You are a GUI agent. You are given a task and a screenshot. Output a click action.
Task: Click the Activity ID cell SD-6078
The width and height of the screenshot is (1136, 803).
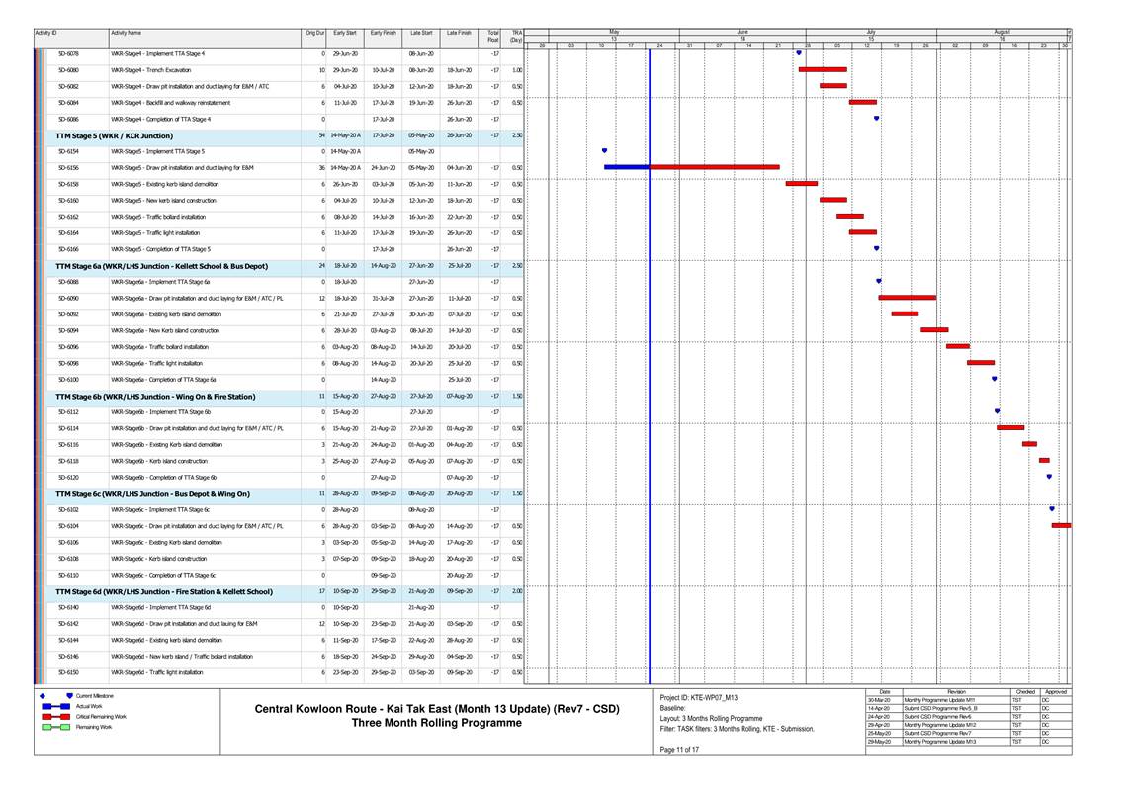pos(69,53)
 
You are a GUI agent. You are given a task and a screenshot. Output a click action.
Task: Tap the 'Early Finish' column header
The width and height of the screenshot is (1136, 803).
pos(383,33)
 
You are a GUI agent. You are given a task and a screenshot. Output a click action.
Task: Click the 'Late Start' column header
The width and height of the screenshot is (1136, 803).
pos(421,33)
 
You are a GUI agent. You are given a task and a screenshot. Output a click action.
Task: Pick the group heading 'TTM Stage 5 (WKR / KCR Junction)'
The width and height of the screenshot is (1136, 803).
pos(114,135)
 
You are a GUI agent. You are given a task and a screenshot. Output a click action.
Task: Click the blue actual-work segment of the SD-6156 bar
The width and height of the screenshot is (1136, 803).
pos(626,168)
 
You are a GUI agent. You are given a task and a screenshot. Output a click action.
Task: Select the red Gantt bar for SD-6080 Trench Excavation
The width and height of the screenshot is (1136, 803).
pos(823,70)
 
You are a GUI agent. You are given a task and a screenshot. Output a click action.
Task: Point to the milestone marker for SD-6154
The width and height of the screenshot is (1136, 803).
pos(604,151)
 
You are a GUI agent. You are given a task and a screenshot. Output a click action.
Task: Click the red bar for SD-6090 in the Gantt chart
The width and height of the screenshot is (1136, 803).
pos(907,298)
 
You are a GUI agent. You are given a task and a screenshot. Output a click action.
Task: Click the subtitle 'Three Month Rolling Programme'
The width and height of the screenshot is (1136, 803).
pos(437,723)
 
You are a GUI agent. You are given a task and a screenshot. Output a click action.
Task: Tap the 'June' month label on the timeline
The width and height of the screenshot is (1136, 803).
pos(743,32)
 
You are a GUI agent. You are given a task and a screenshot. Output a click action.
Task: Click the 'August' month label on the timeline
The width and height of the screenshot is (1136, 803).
pos(1002,32)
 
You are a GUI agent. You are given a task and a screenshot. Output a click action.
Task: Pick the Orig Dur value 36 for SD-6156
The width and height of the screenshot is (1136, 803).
pos(320,168)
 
